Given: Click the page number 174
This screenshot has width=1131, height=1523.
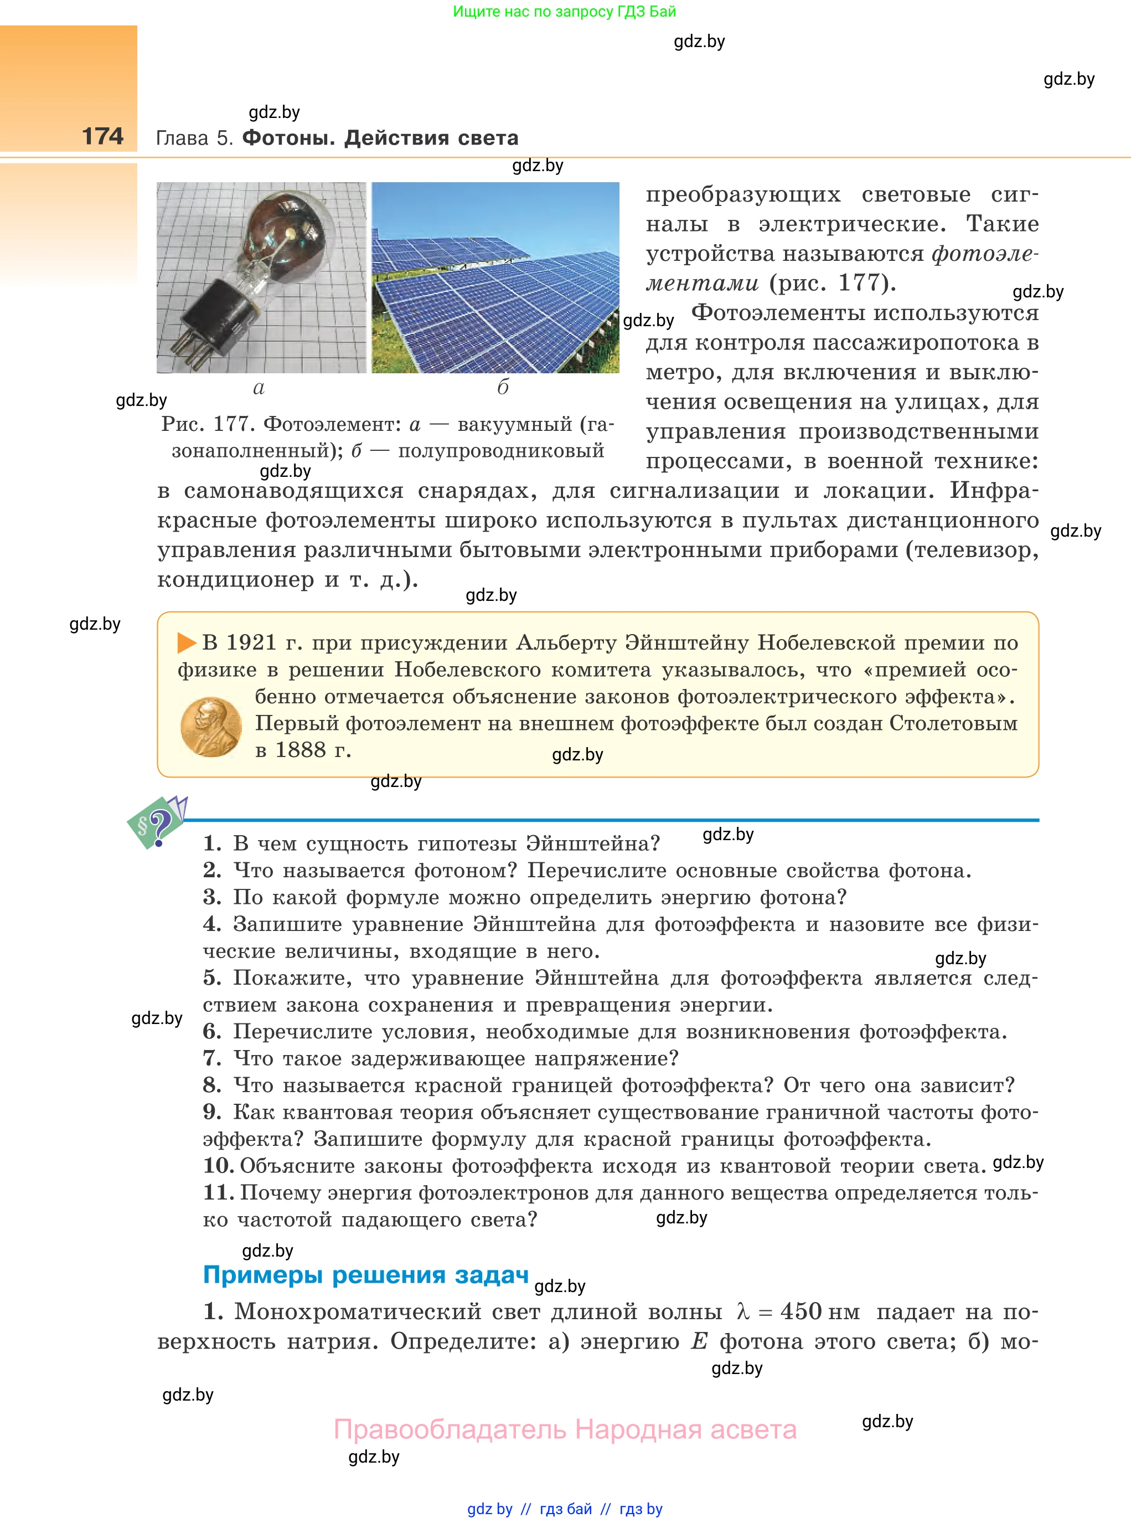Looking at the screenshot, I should pyautogui.click(x=103, y=136).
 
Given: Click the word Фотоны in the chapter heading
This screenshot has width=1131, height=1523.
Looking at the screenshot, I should pyautogui.click(x=288, y=138).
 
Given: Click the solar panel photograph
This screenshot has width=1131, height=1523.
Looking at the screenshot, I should pyautogui.click(x=495, y=277).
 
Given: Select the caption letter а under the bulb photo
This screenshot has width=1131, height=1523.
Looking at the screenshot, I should pyautogui.click(x=259, y=388).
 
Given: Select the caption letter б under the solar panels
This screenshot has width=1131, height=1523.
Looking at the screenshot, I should pyautogui.click(x=503, y=388).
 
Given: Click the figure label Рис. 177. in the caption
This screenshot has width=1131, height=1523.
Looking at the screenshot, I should pyautogui.click(x=208, y=425).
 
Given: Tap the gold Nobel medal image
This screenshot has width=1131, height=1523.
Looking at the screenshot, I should pyautogui.click(x=211, y=727).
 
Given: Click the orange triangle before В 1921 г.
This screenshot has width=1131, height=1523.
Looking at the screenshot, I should pyautogui.click(x=186, y=642).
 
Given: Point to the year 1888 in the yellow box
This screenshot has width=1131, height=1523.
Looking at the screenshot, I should pyautogui.click(x=301, y=750).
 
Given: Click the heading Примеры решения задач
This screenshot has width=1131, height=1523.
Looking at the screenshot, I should pyautogui.click(x=365, y=1274).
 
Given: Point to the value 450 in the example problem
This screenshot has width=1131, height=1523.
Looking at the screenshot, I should pyautogui.click(x=801, y=1311).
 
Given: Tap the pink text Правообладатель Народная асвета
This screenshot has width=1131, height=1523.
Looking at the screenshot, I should pyautogui.click(x=565, y=1429).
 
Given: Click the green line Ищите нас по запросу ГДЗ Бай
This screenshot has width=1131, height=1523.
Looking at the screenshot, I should pyautogui.click(x=564, y=12).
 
